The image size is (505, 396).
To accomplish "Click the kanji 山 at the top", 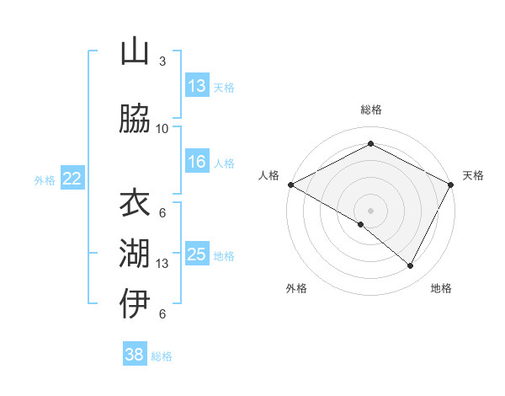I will coord(135,52).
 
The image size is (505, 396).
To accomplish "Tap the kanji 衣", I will coord(135,202).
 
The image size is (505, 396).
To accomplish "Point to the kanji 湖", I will coord(135,253).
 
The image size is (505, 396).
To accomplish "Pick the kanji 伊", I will coord(135,303).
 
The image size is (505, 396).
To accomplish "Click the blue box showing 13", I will coord(197,86).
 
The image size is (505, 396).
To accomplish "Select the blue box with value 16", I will coord(197,162).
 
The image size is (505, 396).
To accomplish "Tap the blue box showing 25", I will coord(197,254).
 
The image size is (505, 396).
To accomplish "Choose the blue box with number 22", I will coord(72,179).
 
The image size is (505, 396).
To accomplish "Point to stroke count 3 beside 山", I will coord(162,62).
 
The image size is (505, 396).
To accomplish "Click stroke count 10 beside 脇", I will coord(162,128).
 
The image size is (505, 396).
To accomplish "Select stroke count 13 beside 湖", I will coord(162,264).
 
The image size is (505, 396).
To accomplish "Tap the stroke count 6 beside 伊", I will coord(162,314).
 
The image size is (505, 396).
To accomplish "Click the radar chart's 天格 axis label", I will coord(473,175).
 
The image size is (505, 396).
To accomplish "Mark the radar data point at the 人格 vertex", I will coord(290,185).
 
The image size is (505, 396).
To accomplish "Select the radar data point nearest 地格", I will coord(411,266).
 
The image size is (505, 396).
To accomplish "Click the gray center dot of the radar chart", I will coord(370,209).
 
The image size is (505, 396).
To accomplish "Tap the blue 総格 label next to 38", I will coord(162,356).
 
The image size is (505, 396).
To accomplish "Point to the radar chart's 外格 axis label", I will coord(296,288).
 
